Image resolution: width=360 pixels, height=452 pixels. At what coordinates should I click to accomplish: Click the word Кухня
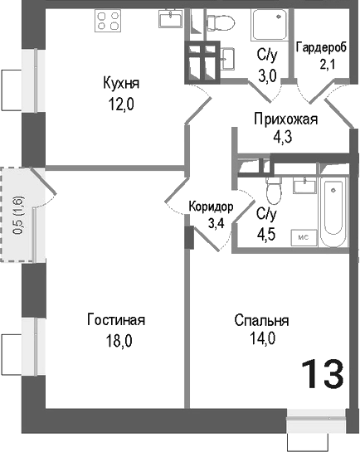point(120,83)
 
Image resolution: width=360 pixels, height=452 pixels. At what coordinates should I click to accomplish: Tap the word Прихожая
point(286,119)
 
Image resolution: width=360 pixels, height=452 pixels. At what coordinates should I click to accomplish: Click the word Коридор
point(211,207)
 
